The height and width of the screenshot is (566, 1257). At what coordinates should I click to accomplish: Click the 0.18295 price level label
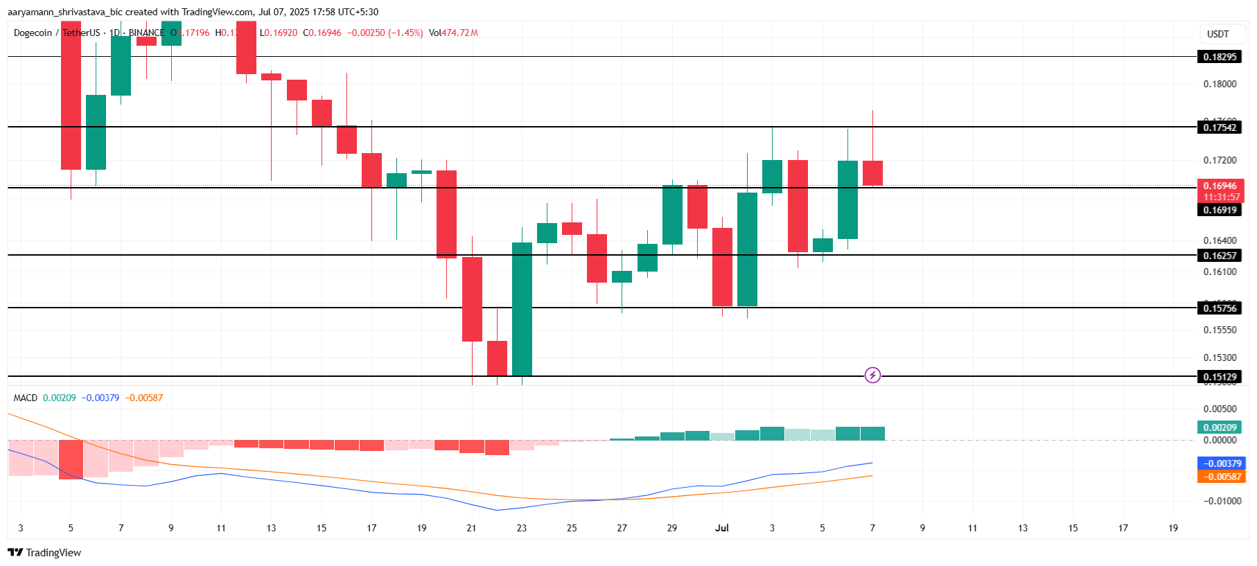point(1219,57)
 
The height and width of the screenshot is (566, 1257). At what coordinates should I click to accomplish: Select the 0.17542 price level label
point(1219,127)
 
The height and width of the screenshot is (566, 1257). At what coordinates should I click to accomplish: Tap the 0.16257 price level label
point(1219,256)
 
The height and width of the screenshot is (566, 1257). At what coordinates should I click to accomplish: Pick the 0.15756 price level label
point(1219,308)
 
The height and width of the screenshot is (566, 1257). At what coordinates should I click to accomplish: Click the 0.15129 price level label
point(1219,378)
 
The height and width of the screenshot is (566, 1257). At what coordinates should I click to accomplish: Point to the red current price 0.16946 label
point(1219,186)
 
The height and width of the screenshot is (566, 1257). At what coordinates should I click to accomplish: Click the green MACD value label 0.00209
point(1219,427)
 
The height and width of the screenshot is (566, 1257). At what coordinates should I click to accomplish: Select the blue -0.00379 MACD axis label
point(1221,463)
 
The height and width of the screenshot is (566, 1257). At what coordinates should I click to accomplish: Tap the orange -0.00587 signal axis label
point(1221,477)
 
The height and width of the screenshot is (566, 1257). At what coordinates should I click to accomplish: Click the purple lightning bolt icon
point(872,375)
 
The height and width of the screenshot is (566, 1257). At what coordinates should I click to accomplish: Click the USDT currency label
point(1218,34)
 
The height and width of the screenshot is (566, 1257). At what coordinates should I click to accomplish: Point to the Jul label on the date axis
point(722,528)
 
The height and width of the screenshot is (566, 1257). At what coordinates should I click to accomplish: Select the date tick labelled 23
point(522,528)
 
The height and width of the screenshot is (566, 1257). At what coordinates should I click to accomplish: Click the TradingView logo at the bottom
point(44,552)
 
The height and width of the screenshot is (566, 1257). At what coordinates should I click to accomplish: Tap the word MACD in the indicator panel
point(26,398)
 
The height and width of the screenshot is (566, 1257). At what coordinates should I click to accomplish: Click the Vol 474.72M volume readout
point(453,33)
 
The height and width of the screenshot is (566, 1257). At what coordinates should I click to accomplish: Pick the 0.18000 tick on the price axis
point(1219,84)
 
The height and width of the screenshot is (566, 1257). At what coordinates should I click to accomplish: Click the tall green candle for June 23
point(522,308)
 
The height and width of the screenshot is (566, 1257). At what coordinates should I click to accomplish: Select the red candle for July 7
point(872,173)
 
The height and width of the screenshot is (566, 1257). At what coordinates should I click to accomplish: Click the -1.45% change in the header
point(405,33)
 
